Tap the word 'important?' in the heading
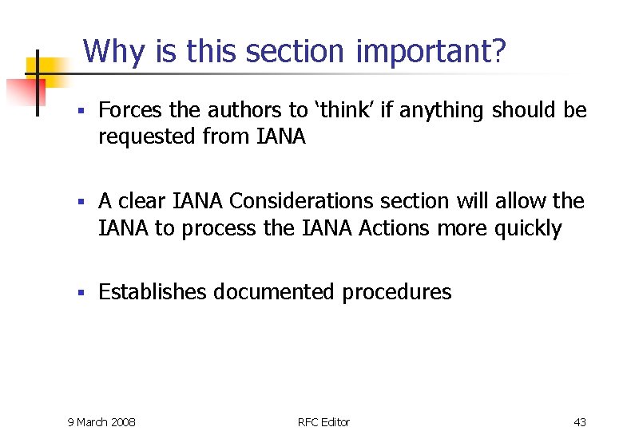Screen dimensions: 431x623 pos(431,52)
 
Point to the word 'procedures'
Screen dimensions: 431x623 pos(397,293)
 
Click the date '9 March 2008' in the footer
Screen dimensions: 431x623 pos(101,421)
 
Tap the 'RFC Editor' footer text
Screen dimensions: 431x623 pos(323,421)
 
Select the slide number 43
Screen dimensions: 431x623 pos(580,421)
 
